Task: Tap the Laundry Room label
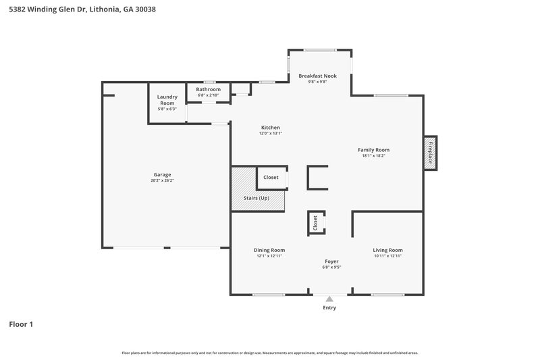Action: (167, 97)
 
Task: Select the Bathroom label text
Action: (208, 89)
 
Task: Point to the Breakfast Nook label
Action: (317, 76)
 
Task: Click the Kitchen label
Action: (270, 127)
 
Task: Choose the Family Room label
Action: (373, 150)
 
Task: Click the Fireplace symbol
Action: (429, 152)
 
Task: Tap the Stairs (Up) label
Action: (256, 198)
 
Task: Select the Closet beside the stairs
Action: (271, 177)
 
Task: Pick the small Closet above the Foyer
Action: (315, 222)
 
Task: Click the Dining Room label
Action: (269, 250)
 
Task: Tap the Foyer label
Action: (331, 261)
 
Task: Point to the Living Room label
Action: (387, 250)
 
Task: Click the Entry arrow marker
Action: (329, 298)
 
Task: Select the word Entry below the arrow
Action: (329, 307)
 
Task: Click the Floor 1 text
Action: (21, 324)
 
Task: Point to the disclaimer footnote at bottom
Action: (270, 353)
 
